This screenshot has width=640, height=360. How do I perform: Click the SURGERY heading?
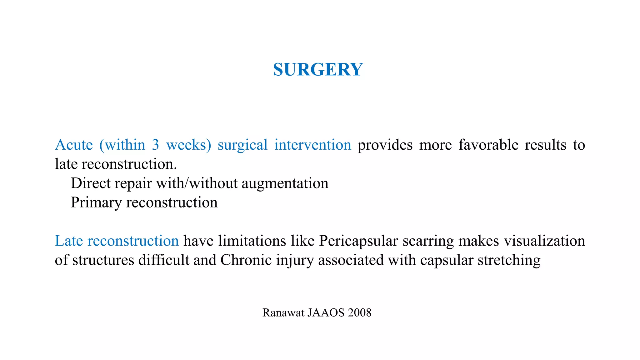[318, 69]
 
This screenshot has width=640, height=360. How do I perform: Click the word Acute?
[74, 145]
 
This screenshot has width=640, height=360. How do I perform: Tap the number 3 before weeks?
[155, 145]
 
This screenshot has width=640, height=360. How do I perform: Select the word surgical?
[242, 145]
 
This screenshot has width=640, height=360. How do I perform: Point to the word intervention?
[312, 145]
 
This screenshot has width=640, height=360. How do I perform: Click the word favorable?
[488, 145]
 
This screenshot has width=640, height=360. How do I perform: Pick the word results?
[545, 145]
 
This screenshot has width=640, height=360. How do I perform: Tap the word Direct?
[91, 183]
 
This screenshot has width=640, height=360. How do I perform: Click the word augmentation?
[285, 183]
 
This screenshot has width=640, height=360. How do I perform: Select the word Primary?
[96, 202]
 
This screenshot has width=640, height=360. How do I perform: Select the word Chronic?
[246, 260]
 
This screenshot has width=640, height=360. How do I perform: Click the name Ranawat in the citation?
[283, 312]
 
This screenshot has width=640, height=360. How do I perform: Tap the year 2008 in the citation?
[359, 312]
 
